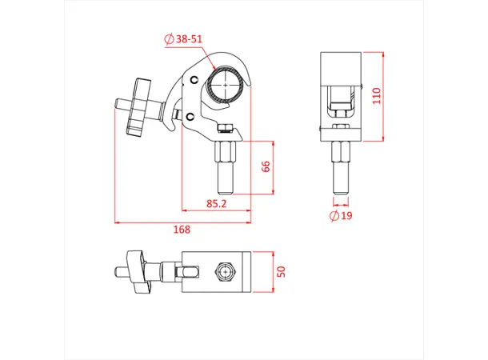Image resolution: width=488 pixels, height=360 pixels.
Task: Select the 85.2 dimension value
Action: click(x=216, y=204)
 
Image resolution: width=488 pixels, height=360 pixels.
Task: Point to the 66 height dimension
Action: click(x=266, y=166)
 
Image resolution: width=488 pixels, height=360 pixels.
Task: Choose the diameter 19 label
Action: click(x=342, y=216)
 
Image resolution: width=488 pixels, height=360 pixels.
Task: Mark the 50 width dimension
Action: click(x=280, y=271)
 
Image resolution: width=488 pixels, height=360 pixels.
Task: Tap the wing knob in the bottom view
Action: click(x=138, y=272)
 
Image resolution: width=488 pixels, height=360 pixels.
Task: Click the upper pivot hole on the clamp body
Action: click(x=192, y=81)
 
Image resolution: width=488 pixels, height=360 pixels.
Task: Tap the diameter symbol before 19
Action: click(x=332, y=216)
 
